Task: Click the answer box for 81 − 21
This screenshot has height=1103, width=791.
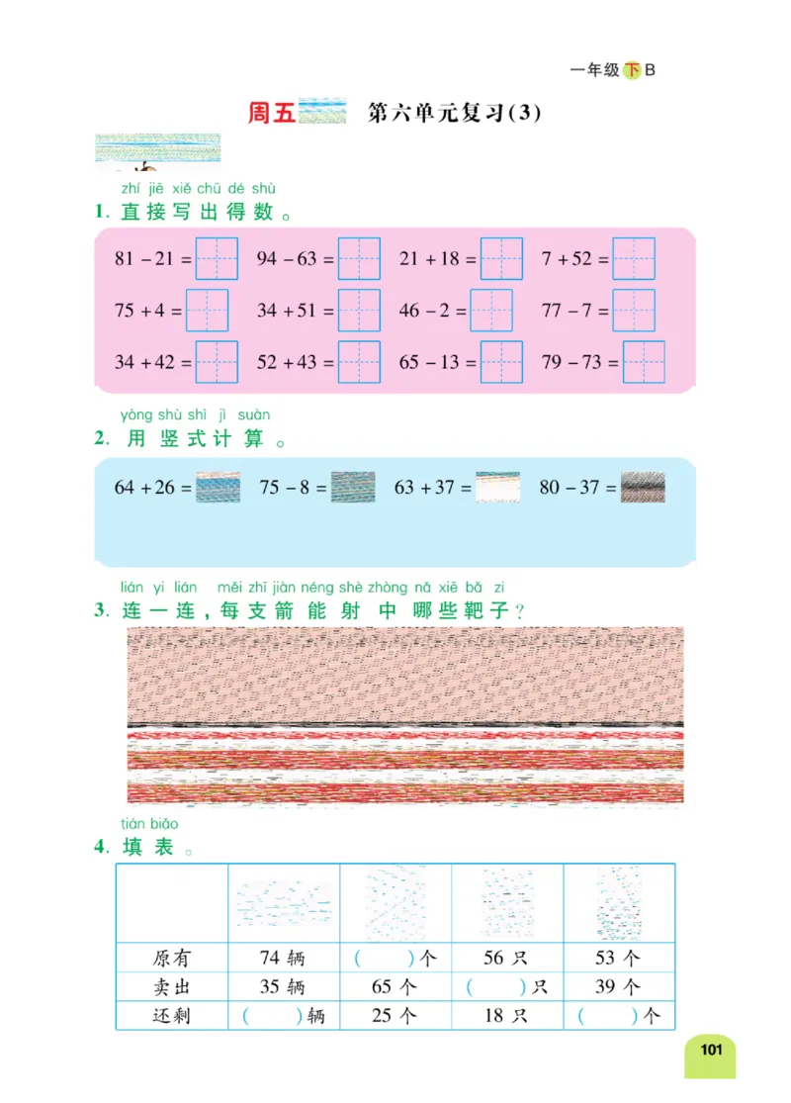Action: pos(217,259)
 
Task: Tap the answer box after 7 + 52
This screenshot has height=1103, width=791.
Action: pos(634,259)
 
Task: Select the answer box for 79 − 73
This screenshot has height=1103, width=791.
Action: pos(644,362)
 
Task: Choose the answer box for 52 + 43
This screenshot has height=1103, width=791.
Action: pos(359,362)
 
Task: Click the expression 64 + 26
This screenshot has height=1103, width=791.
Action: pos(151,488)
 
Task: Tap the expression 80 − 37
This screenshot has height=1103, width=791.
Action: pos(576,488)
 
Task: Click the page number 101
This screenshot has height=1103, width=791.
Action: pos(711,1050)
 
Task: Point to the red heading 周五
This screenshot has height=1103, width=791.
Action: pos(272,113)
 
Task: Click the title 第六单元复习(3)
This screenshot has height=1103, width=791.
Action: pos(455,113)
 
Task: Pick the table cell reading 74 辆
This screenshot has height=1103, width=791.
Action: pos(283,959)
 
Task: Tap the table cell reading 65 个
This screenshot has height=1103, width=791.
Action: pos(395,987)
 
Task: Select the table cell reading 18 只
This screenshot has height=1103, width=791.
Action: pos(506,1016)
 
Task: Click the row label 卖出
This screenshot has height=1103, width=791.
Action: pos(172,987)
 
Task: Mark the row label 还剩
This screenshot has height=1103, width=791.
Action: pos(172,1016)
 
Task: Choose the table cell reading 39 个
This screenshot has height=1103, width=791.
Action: pos(619,987)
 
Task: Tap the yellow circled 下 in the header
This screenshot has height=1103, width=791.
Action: pos(632,70)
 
